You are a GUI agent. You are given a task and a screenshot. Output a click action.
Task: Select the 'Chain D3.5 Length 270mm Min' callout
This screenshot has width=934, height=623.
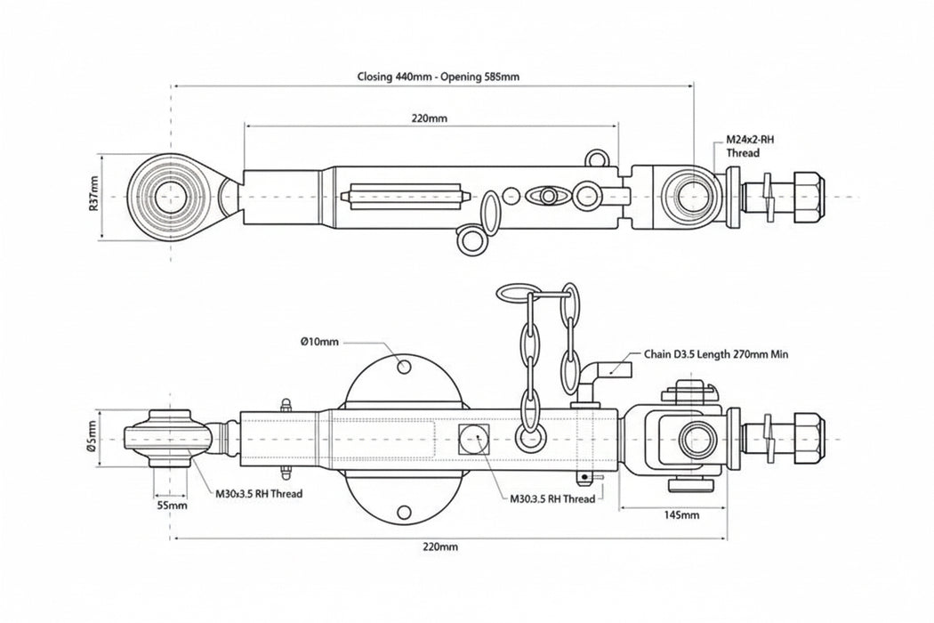click(716, 353)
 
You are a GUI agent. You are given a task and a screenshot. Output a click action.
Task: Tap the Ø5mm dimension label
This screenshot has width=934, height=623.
click(93, 436)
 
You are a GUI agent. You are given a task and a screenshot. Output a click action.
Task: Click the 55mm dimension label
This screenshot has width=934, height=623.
click(171, 505)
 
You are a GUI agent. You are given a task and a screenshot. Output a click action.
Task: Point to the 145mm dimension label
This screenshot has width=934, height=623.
click(680, 514)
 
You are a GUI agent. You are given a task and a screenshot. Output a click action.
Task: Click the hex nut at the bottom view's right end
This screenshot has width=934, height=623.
click(804, 437)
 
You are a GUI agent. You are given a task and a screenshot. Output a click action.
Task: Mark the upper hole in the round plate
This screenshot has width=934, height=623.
click(404, 366)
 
